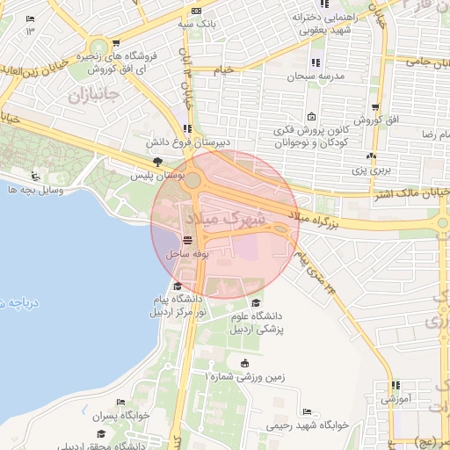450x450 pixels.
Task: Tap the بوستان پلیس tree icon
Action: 157,162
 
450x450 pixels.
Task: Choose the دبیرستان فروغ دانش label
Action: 186,142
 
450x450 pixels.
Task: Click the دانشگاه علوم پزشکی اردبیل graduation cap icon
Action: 256,303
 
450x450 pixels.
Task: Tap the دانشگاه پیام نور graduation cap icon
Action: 178,286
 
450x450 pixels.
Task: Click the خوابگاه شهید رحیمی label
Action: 308,424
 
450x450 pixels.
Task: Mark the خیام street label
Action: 226,68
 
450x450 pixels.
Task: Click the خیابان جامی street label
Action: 428,61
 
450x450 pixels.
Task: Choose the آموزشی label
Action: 394,398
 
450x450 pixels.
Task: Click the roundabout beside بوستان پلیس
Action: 192,182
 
